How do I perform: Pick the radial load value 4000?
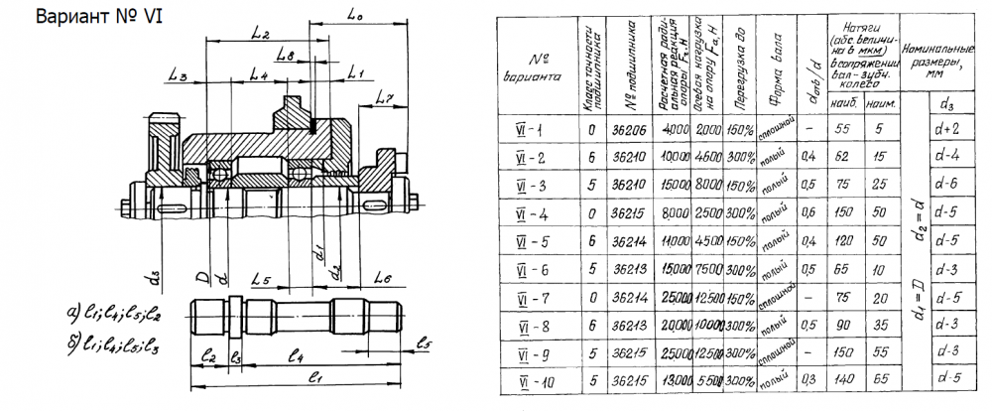(675, 129)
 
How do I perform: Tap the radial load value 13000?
(675, 381)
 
